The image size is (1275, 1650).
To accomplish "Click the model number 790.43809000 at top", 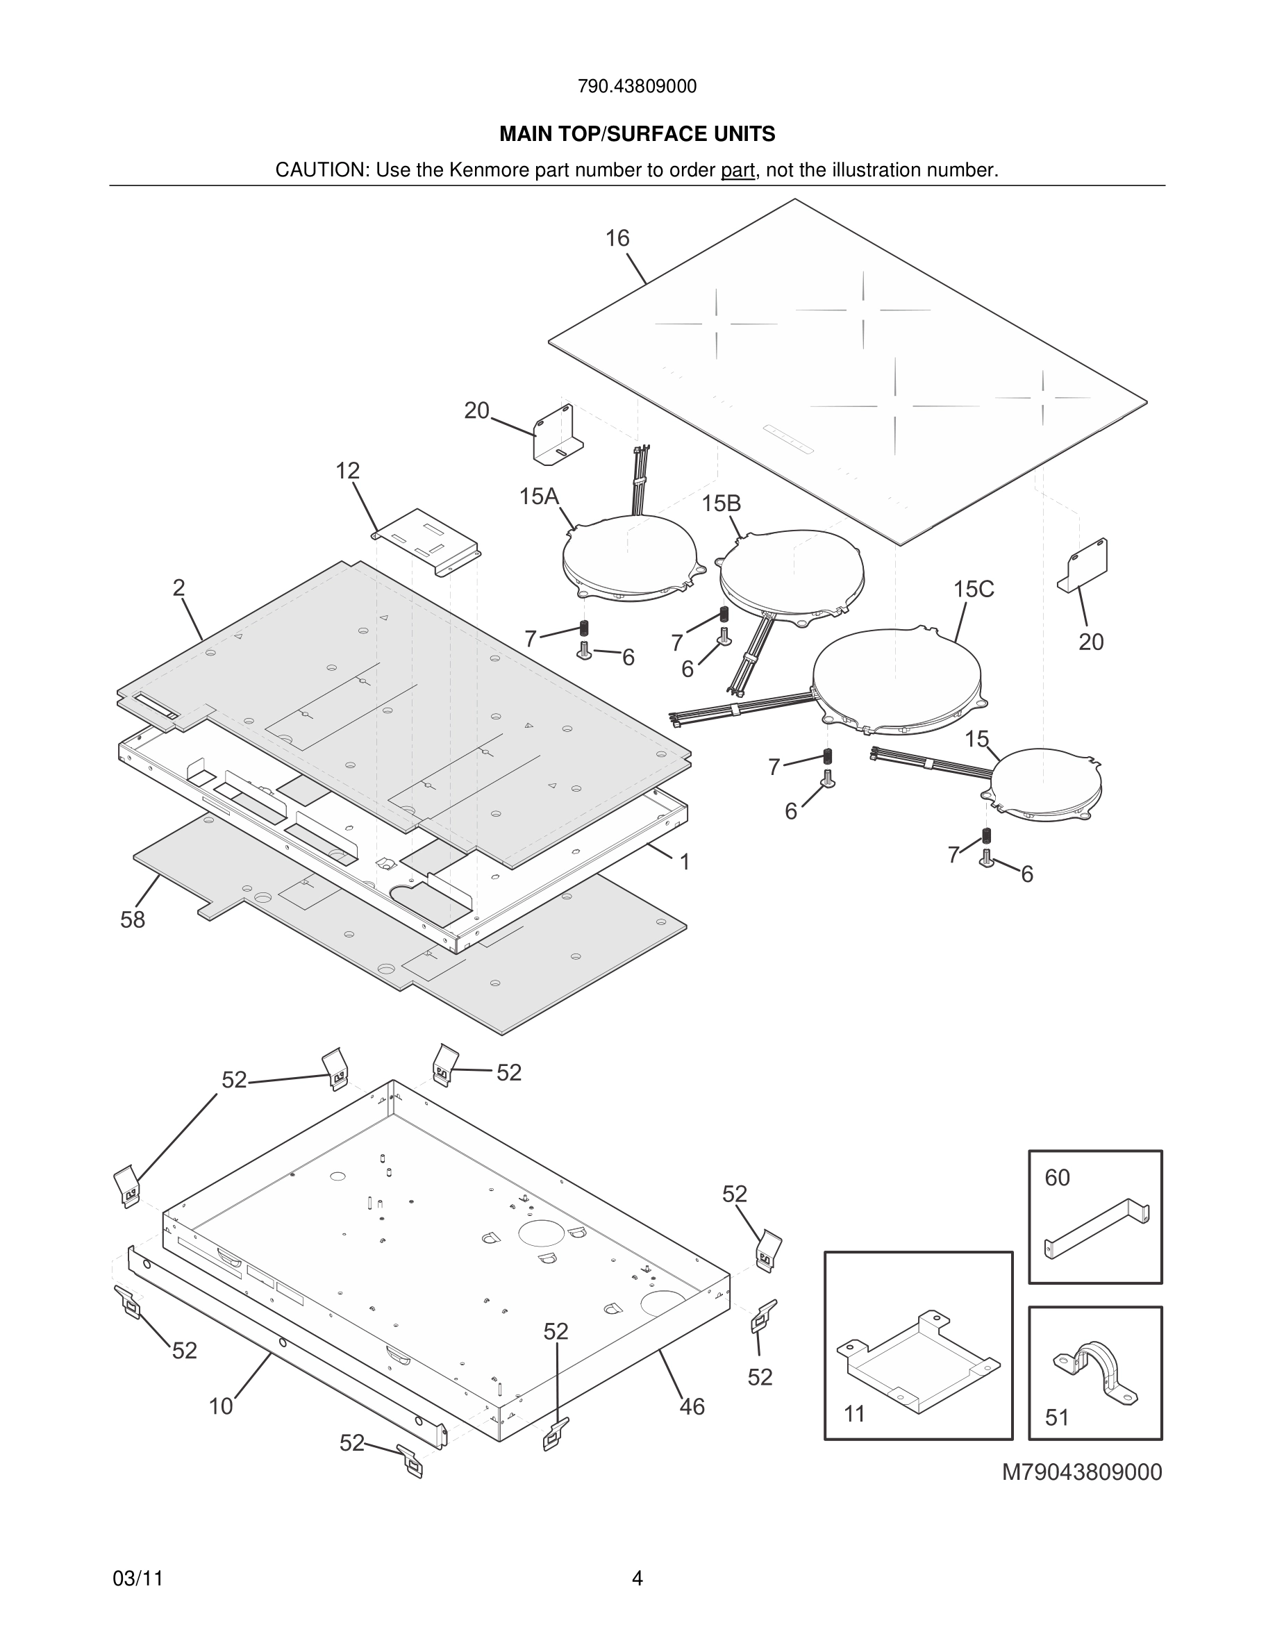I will click(637, 87).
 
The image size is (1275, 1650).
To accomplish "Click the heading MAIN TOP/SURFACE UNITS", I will click(637, 135).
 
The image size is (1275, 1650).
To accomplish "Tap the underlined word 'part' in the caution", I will click(737, 171).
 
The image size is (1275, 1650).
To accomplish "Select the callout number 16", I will click(617, 239).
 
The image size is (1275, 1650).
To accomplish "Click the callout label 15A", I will click(539, 497).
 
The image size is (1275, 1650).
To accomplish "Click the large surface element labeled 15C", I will click(897, 680).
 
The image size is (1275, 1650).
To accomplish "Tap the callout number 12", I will click(347, 472).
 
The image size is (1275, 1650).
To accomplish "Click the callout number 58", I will click(133, 920).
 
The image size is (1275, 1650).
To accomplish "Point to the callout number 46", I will click(692, 1407).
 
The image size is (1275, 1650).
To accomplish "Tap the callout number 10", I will click(222, 1407).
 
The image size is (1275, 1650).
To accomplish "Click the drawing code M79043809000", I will click(1082, 1472).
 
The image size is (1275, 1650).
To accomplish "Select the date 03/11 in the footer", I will click(137, 1579).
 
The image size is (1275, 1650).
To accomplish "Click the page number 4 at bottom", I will click(637, 1578).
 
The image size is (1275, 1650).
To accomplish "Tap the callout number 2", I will click(179, 587).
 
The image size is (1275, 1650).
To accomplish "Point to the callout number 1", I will click(684, 862).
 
